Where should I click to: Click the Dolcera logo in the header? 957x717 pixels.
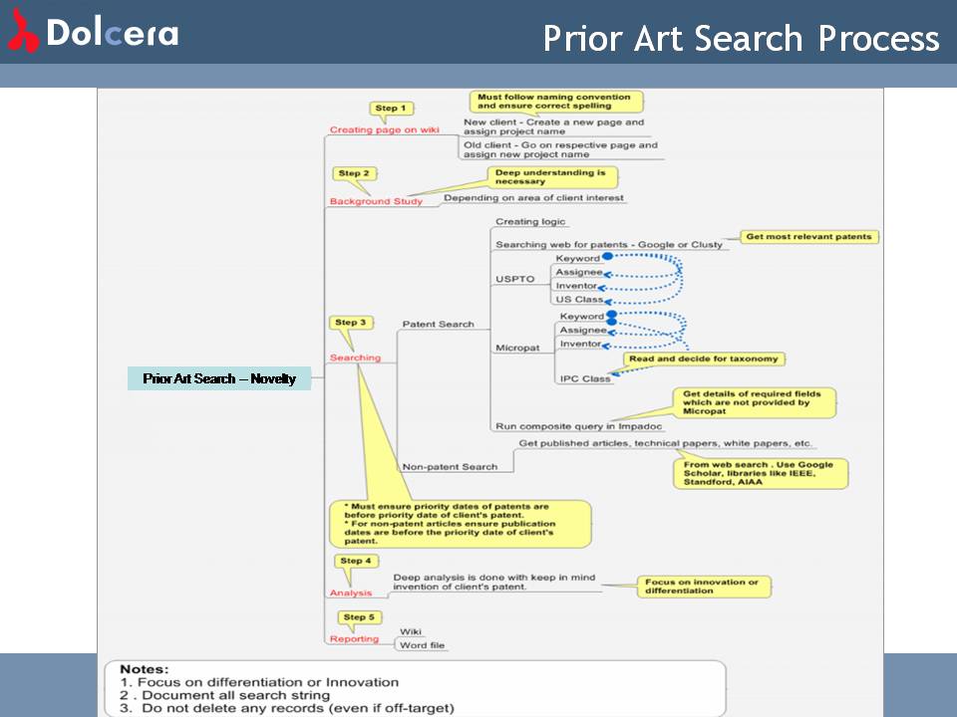click(x=93, y=32)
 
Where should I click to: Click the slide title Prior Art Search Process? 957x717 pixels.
click(x=741, y=38)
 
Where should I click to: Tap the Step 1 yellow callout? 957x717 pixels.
click(x=391, y=109)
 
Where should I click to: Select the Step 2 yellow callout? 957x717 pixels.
click(x=354, y=173)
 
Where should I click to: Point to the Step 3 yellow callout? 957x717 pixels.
click(x=351, y=323)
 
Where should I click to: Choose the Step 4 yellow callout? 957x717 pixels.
click(x=356, y=561)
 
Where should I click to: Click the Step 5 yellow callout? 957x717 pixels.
click(x=359, y=617)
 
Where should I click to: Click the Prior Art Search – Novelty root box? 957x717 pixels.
click(x=219, y=378)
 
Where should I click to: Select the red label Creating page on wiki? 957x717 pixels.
click(x=385, y=129)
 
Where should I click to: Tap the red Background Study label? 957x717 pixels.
click(x=376, y=201)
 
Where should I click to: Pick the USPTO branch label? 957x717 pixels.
click(x=515, y=279)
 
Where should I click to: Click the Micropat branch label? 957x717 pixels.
click(x=517, y=348)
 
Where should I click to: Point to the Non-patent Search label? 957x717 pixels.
click(x=450, y=467)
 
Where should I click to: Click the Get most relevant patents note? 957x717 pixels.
click(x=808, y=237)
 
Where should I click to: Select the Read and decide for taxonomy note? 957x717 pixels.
click(x=704, y=358)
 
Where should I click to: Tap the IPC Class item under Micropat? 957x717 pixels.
click(x=585, y=378)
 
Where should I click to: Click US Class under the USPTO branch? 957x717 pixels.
click(x=579, y=300)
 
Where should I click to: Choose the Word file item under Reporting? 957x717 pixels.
click(x=423, y=645)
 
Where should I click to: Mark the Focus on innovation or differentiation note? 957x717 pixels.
click(x=704, y=587)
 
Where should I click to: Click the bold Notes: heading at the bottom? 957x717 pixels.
click(x=144, y=669)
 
